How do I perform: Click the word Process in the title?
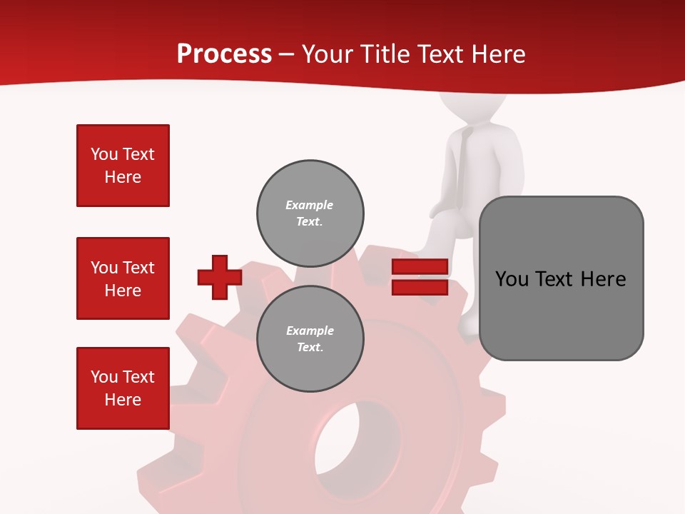224,54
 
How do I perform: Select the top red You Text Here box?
123,166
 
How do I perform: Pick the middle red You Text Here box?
123,278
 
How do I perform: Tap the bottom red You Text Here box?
123,388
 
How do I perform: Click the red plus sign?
220,277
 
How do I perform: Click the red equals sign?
420,277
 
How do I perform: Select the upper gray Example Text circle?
310,213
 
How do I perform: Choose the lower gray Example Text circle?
310,338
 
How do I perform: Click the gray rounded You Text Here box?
561,278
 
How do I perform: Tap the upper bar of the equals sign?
420,266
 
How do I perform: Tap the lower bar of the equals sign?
420,288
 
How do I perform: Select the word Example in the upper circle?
310,205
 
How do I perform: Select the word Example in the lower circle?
310,331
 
